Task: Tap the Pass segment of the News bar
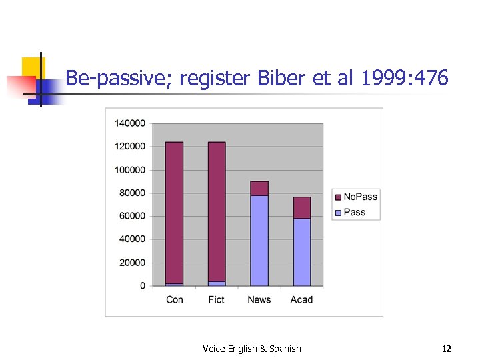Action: coord(259,241)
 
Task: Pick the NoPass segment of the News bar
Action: coord(259,188)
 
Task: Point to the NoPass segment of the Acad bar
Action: coord(301,207)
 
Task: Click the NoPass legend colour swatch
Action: coord(338,197)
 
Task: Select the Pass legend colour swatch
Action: coord(338,213)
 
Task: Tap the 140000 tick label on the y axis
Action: coord(130,123)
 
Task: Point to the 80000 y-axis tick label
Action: coord(132,193)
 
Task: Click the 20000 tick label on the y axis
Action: coord(132,263)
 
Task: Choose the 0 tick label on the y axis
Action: coord(143,286)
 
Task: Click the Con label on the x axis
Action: coord(175,300)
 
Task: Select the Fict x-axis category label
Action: coord(217,300)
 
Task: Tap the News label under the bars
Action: coord(259,300)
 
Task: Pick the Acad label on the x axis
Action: coord(301,300)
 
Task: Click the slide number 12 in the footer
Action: coord(447,349)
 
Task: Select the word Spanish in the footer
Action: coord(285,349)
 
